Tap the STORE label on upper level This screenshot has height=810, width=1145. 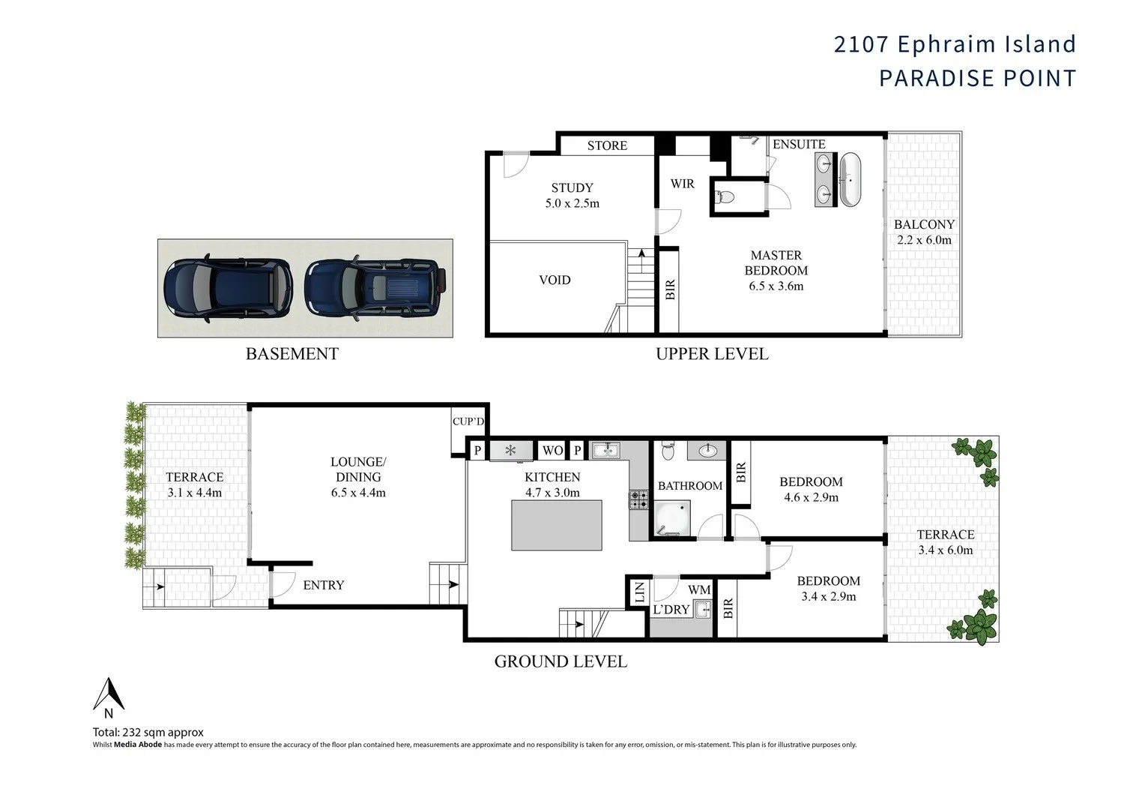point(607,145)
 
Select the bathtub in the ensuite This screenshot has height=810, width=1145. point(851,179)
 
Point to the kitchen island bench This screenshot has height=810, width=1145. point(557,525)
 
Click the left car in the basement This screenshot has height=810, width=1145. point(227,288)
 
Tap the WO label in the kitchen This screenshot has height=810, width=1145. point(552,451)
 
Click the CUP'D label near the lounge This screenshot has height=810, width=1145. point(468,421)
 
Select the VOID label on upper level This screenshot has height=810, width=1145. point(555,280)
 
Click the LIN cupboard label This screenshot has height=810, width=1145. point(639,592)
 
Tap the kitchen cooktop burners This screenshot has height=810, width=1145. point(638,499)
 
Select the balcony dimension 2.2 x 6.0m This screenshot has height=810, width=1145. point(924,240)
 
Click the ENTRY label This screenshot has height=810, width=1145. point(324,585)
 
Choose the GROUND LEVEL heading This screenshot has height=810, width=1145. point(561,661)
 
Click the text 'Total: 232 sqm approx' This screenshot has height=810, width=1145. point(148,732)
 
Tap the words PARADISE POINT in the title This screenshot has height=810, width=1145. point(977,78)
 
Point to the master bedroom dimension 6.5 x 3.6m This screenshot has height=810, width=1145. point(776,286)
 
